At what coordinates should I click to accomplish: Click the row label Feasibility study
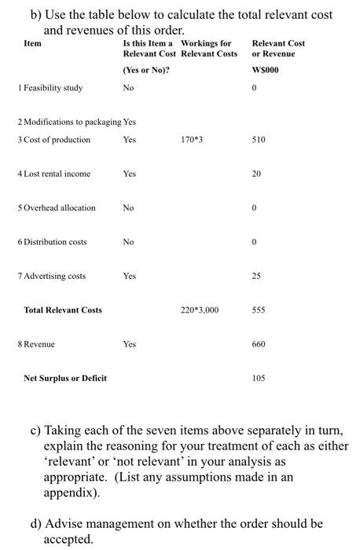(x=52, y=88)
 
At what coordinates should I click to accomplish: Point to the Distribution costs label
(x=52, y=242)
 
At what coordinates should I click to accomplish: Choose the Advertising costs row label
(x=52, y=276)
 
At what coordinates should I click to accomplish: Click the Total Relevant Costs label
(x=63, y=310)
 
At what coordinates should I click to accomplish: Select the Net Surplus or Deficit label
(x=65, y=379)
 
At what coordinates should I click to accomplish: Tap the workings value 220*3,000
(x=197, y=310)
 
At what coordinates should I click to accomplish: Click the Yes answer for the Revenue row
(x=130, y=344)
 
